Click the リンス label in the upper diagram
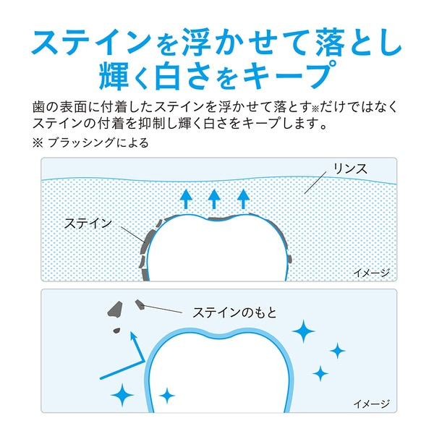(x=350, y=169)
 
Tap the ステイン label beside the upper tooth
(x=88, y=223)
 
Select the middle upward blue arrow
(x=214, y=197)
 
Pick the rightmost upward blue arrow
(x=243, y=197)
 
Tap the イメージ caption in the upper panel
(x=371, y=273)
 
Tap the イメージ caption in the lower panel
(x=371, y=403)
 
